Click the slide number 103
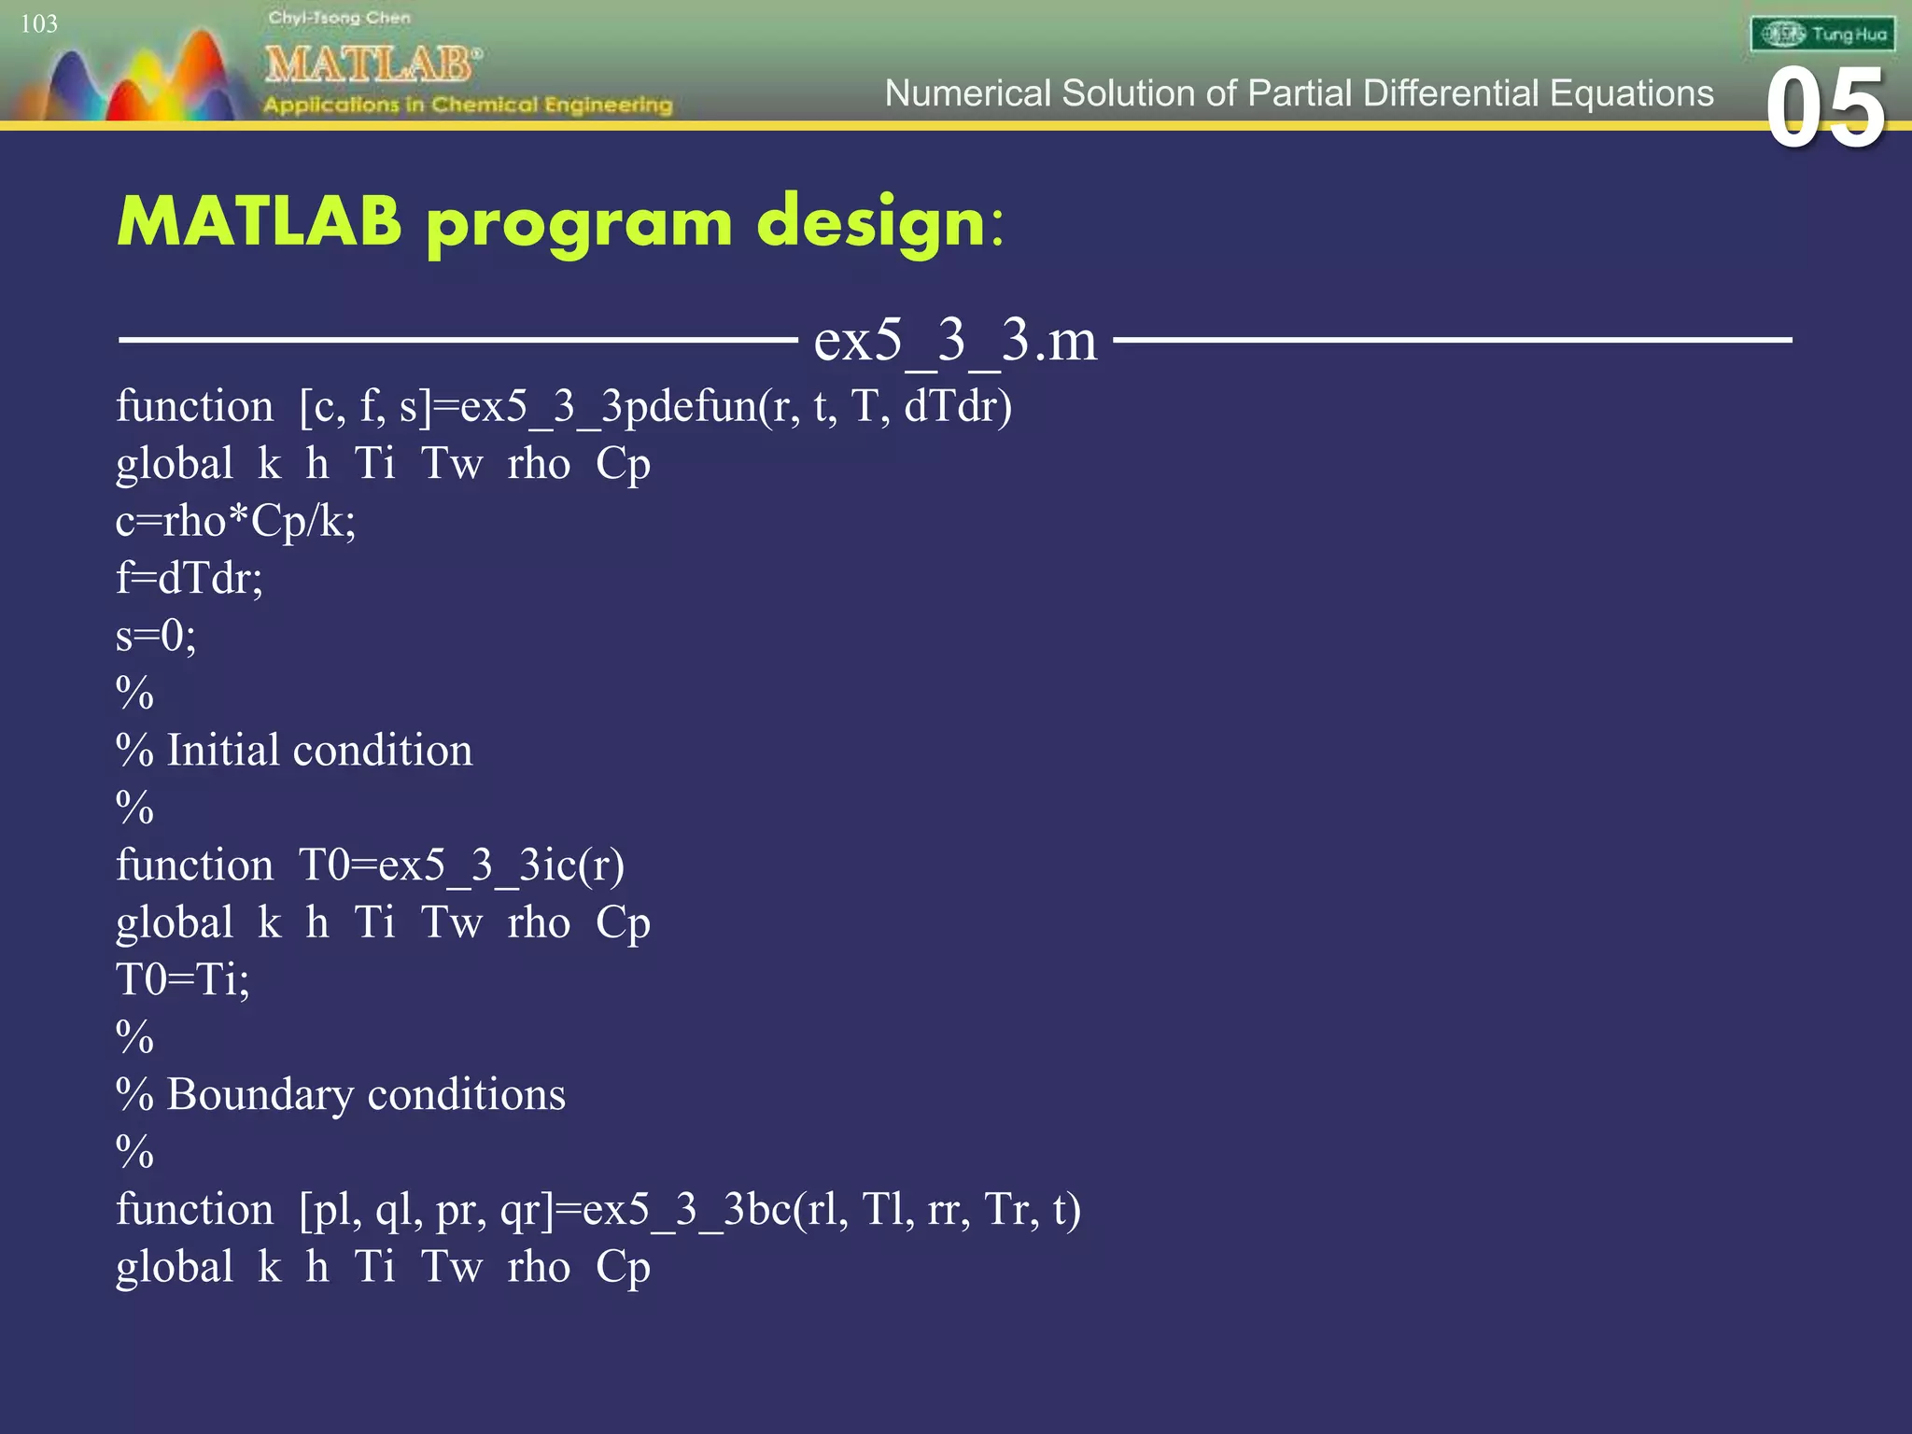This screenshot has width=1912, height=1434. (39, 24)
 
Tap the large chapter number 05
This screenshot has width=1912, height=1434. (1825, 109)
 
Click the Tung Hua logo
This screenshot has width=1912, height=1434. (1822, 35)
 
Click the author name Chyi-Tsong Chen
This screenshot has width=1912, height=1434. (339, 18)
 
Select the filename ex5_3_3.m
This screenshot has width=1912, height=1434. (955, 340)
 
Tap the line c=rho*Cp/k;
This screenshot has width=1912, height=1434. (235, 521)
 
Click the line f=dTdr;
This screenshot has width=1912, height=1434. (190, 579)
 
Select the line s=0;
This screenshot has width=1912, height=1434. (156, 636)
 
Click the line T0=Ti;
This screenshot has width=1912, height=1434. (183, 980)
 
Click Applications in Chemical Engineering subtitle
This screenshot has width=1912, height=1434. (467, 105)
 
